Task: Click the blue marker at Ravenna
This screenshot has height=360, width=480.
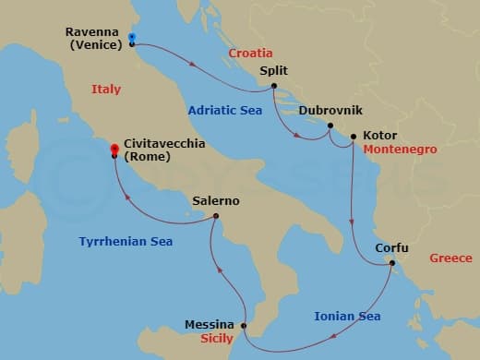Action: [x=132, y=38]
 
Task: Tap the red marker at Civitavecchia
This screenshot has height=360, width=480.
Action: [x=114, y=149]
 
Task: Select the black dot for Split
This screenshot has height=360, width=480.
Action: [x=274, y=87]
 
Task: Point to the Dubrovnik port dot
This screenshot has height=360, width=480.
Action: [x=330, y=125]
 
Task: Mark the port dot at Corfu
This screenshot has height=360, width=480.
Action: [x=391, y=263]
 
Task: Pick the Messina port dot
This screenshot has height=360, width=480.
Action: [x=244, y=326]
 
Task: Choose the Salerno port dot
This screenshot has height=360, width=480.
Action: [x=216, y=217]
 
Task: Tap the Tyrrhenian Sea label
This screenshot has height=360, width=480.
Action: [x=125, y=242]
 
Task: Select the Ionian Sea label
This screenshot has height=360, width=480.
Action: [x=347, y=317]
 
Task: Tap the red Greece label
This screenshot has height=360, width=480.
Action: [x=450, y=258]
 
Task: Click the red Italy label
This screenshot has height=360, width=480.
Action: [x=107, y=89]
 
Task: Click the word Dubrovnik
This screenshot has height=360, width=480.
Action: [x=328, y=110]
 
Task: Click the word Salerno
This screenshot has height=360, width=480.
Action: [x=216, y=200]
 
